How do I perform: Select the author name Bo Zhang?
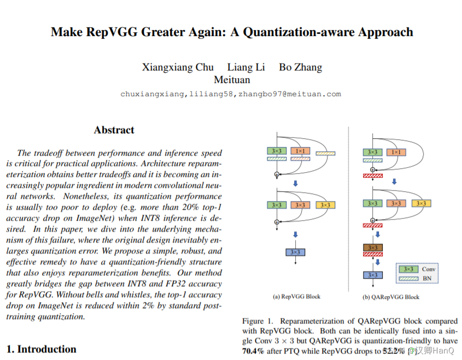click(x=300, y=68)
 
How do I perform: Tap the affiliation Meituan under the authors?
click(x=232, y=80)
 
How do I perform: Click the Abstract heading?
click(x=114, y=130)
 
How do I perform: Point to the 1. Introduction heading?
click(x=42, y=349)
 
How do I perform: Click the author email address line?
click(x=230, y=94)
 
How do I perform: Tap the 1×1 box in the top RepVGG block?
click(x=300, y=151)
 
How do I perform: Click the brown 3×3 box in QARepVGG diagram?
click(x=373, y=248)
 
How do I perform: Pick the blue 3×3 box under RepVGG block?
click(x=295, y=252)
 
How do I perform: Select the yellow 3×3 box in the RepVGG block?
click(x=325, y=205)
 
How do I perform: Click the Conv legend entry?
click(x=427, y=269)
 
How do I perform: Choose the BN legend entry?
click(x=427, y=278)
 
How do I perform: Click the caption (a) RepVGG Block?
click(x=296, y=297)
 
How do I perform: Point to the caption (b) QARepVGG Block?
click(x=391, y=297)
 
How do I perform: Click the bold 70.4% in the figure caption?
click(x=253, y=351)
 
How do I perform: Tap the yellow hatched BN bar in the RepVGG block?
click(x=326, y=154)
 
